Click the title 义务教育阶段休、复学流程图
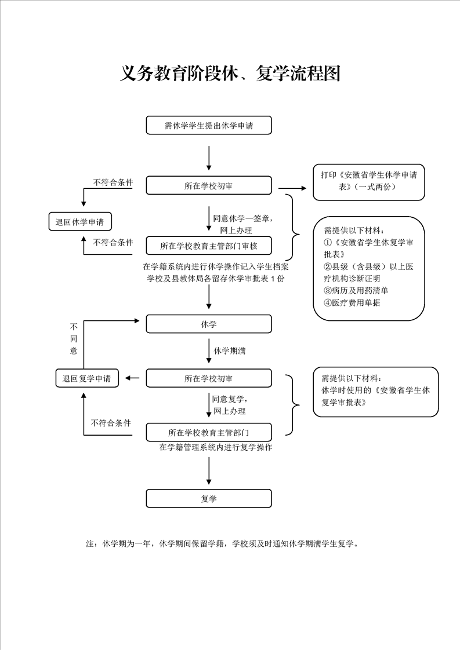[x=230, y=74]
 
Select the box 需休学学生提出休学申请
[x=209, y=125]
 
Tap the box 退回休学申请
[x=80, y=222]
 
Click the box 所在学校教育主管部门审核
[x=209, y=246]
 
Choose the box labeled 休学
[x=209, y=324]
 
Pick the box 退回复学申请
[x=87, y=378]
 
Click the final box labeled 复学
[x=209, y=498]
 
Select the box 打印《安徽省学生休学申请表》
[x=369, y=182]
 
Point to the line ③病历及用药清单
[x=356, y=290]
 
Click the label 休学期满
[x=230, y=350]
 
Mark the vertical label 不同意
[x=74, y=339]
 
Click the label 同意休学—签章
[x=243, y=218]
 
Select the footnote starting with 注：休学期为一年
[x=222, y=543]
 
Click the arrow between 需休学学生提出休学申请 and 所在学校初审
[x=209, y=158]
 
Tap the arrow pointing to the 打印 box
[x=292, y=188]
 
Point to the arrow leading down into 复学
[x=209, y=470]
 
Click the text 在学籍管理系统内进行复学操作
[x=216, y=447]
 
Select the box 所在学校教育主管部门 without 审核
[x=209, y=432]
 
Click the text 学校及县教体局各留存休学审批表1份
[x=216, y=279]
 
